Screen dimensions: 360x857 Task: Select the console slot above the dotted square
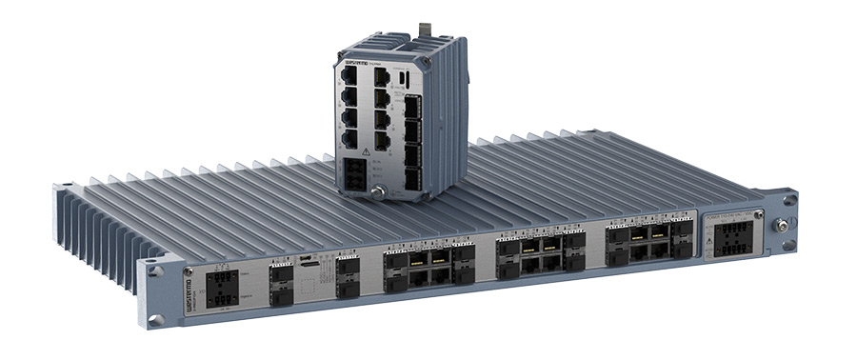pyautogui.click(x=306, y=258)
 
